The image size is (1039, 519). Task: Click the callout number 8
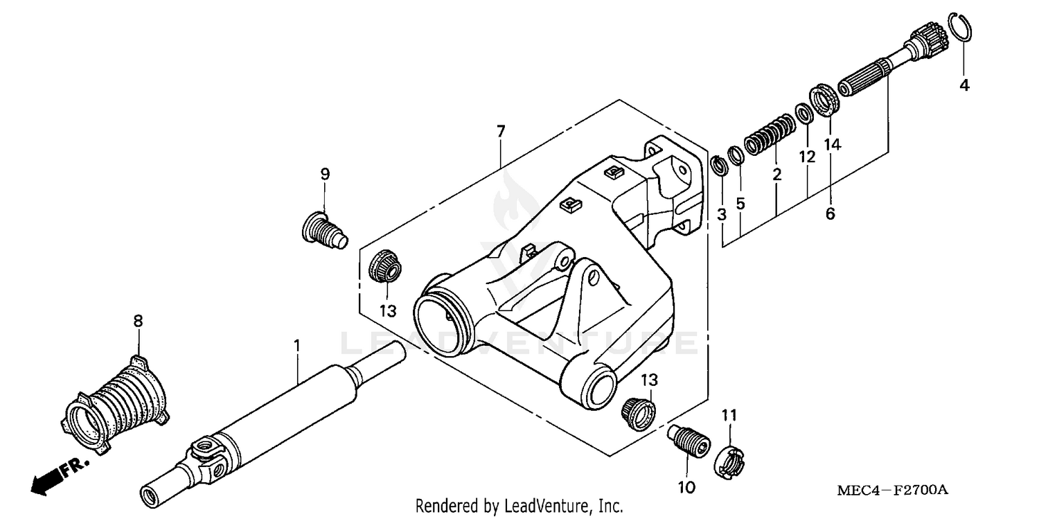point(138,321)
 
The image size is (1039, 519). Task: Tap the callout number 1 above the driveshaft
point(297,344)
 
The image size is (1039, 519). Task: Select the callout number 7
point(501,131)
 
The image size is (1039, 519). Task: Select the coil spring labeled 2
point(769,134)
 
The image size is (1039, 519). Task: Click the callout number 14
point(832,144)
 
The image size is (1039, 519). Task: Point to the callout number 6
point(830,214)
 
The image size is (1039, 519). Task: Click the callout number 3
point(722,215)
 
